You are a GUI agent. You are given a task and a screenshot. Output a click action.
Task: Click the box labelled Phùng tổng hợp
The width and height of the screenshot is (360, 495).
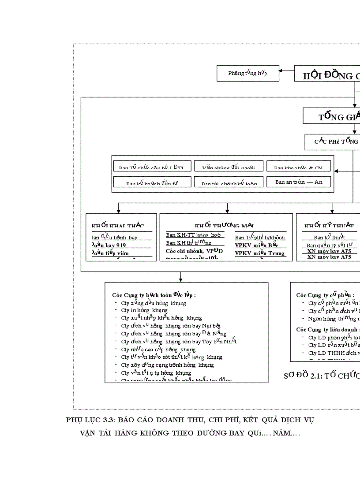click(247, 73)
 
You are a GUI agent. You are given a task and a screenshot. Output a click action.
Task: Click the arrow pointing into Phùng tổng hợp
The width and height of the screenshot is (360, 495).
click(287, 71)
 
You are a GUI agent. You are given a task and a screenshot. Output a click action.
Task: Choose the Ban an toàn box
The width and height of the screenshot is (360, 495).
click(299, 182)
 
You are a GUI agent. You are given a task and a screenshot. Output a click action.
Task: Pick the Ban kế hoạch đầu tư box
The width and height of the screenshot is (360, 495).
click(152, 182)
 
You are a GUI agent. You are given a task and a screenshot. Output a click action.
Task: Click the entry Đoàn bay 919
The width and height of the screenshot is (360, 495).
click(109, 245)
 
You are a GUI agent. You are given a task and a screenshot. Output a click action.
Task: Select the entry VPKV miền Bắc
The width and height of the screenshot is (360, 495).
click(256, 245)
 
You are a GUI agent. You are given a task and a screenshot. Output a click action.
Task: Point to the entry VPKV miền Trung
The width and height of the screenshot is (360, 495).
click(259, 253)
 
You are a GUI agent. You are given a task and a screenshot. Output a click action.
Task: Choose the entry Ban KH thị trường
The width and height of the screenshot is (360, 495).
click(189, 243)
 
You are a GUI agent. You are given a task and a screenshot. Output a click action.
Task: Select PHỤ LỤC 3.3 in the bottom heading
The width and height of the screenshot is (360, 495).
click(91, 420)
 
